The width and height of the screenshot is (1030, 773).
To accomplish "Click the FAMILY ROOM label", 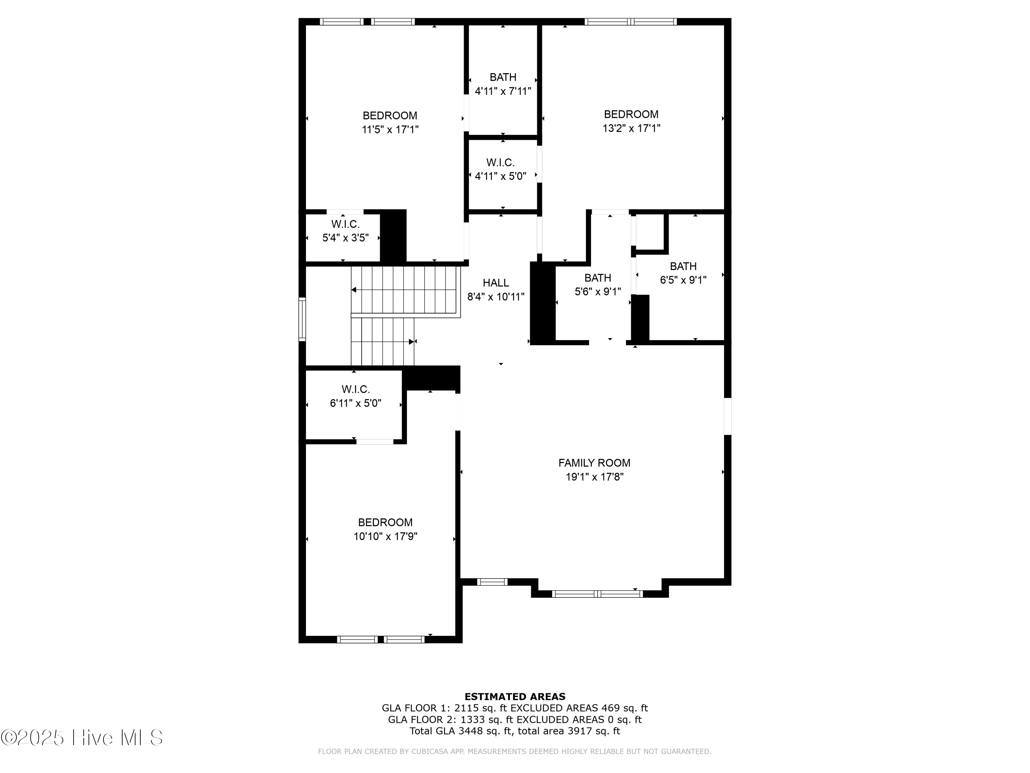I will [x=594, y=463].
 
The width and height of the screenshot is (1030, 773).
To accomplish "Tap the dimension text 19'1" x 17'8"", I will [x=594, y=477].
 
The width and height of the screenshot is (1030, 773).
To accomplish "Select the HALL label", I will [x=495, y=283].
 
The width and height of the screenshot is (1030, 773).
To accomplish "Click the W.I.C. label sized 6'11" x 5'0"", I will [x=356, y=389].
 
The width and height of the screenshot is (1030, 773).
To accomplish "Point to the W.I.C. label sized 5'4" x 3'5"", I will [x=345, y=224].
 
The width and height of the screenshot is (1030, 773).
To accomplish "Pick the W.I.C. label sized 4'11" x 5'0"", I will [x=501, y=163].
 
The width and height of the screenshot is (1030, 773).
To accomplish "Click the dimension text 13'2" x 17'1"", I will [x=631, y=128].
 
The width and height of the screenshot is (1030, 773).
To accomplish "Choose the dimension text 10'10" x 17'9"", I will [x=385, y=536].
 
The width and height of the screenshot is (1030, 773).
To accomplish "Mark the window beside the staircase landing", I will [x=302, y=319].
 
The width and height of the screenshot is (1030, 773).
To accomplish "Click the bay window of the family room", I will [x=597, y=594].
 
